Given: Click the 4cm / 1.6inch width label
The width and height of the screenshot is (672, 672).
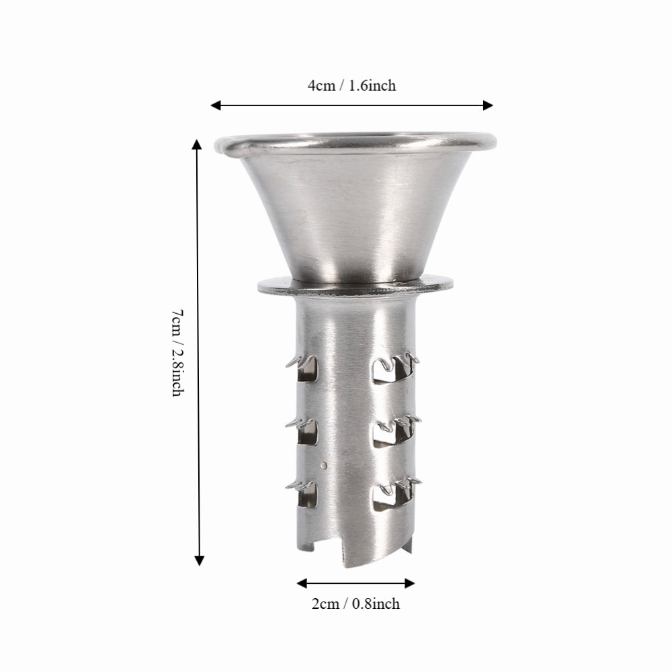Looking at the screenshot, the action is [x=351, y=86].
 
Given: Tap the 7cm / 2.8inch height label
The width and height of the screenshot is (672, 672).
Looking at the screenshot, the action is [x=178, y=353].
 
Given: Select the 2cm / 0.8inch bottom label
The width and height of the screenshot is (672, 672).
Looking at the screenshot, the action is [x=355, y=604].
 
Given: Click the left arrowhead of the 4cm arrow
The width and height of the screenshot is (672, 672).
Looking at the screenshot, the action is [x=216, y=106].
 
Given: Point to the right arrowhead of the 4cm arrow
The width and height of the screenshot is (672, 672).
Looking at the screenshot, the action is [x=488, y=106].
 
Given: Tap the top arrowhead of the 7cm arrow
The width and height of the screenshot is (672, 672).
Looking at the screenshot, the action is [x=197, y=144].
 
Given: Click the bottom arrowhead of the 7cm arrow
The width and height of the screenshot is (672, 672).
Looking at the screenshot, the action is [x=200, y=560].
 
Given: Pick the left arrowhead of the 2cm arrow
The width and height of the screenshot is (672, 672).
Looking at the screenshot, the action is [x=302, y=583].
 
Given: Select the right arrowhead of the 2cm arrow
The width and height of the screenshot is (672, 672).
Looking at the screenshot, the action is [x=410, y=583].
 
